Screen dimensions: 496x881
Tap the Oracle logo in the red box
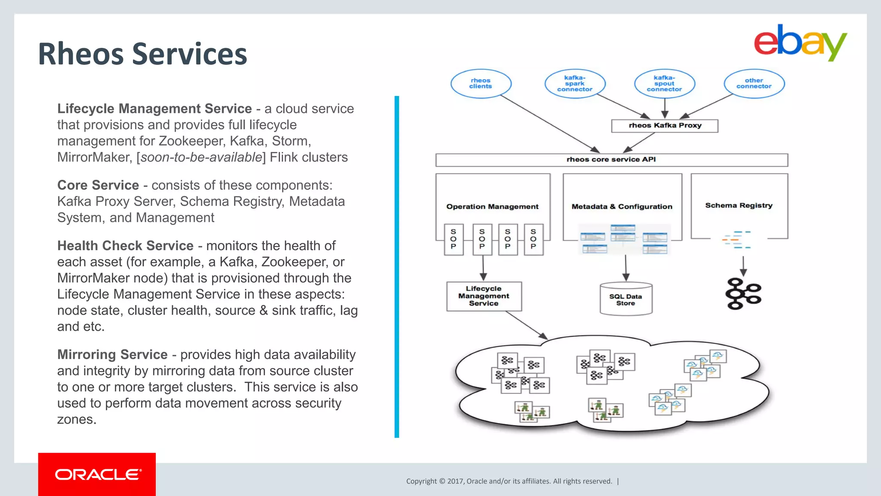pos(98,474)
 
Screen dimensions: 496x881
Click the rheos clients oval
pos(481,84)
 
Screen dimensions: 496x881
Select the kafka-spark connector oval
pos(575,84)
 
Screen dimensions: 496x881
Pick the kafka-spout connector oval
pos(664,84)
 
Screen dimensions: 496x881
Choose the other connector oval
pos(754,84)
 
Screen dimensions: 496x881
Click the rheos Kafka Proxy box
pos(665,126)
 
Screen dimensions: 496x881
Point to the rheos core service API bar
pos(611,160)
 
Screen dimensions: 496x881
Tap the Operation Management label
pos(492,207)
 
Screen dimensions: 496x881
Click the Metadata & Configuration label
pos(622,207)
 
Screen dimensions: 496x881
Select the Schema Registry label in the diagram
pos(739,206)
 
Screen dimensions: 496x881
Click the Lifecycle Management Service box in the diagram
pos(484,296)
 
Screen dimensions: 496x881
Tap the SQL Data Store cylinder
pos(625,299)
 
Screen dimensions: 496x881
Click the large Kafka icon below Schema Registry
pos(743,294)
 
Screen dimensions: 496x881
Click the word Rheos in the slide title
pos(80,55)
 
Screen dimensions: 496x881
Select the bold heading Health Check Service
pos(125,246)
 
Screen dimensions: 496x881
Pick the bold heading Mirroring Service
pos(112,355)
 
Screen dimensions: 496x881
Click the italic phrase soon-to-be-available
pos(201,158)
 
